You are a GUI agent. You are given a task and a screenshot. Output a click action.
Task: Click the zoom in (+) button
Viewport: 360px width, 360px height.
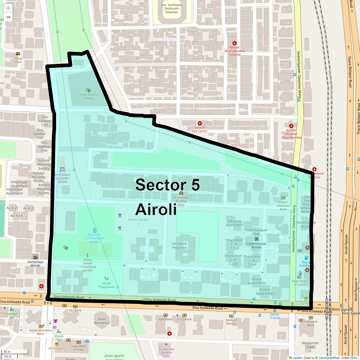click(x=8, y=8)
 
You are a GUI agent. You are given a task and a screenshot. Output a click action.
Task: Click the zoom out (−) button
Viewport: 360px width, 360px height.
click(x=8, y=17)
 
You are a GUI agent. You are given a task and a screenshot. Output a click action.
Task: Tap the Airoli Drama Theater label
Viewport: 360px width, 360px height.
click(x=88, y=96)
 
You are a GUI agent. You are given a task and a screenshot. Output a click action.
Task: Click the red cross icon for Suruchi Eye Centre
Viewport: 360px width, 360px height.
click(x=200, y=123)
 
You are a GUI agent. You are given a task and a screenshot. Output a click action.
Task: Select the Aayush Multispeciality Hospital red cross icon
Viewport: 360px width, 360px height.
click(x=235, y=43)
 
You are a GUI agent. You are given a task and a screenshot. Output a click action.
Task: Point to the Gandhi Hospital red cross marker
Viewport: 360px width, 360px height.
click(x=291, y=126)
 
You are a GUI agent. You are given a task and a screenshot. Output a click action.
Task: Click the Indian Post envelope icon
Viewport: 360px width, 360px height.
click(x=18, y=54)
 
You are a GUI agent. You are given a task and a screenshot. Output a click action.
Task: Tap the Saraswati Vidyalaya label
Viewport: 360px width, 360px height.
click(x=179, y=245)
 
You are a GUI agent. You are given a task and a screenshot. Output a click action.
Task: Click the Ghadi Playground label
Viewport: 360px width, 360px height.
click(x=106, y=285)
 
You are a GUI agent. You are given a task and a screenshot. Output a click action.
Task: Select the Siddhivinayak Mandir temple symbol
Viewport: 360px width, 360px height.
click(x=256, y=239)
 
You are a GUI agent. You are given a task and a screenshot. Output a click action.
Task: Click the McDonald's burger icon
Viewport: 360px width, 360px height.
click(x=57, y=344)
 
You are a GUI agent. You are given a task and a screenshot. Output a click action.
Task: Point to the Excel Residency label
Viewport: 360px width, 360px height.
click(x=102, y=321)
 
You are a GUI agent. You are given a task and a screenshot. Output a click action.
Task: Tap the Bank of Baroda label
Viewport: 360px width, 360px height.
click(x=231, y=322)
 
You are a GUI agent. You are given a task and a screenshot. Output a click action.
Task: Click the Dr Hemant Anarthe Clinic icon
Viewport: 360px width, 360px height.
click(x=181, y=193)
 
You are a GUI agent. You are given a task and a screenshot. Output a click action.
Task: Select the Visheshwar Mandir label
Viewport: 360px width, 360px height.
click(x=35, y=264)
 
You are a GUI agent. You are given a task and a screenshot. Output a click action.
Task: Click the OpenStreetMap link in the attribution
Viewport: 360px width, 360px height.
click(x=329, y=358)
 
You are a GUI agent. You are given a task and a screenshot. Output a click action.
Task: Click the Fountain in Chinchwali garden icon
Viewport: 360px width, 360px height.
click(x=94, y=230)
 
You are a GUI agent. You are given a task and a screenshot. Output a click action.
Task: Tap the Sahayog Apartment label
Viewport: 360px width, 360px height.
click(x=235, y=223)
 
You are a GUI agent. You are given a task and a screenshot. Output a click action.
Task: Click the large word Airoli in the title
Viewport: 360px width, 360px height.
click(x=156, y=209)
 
